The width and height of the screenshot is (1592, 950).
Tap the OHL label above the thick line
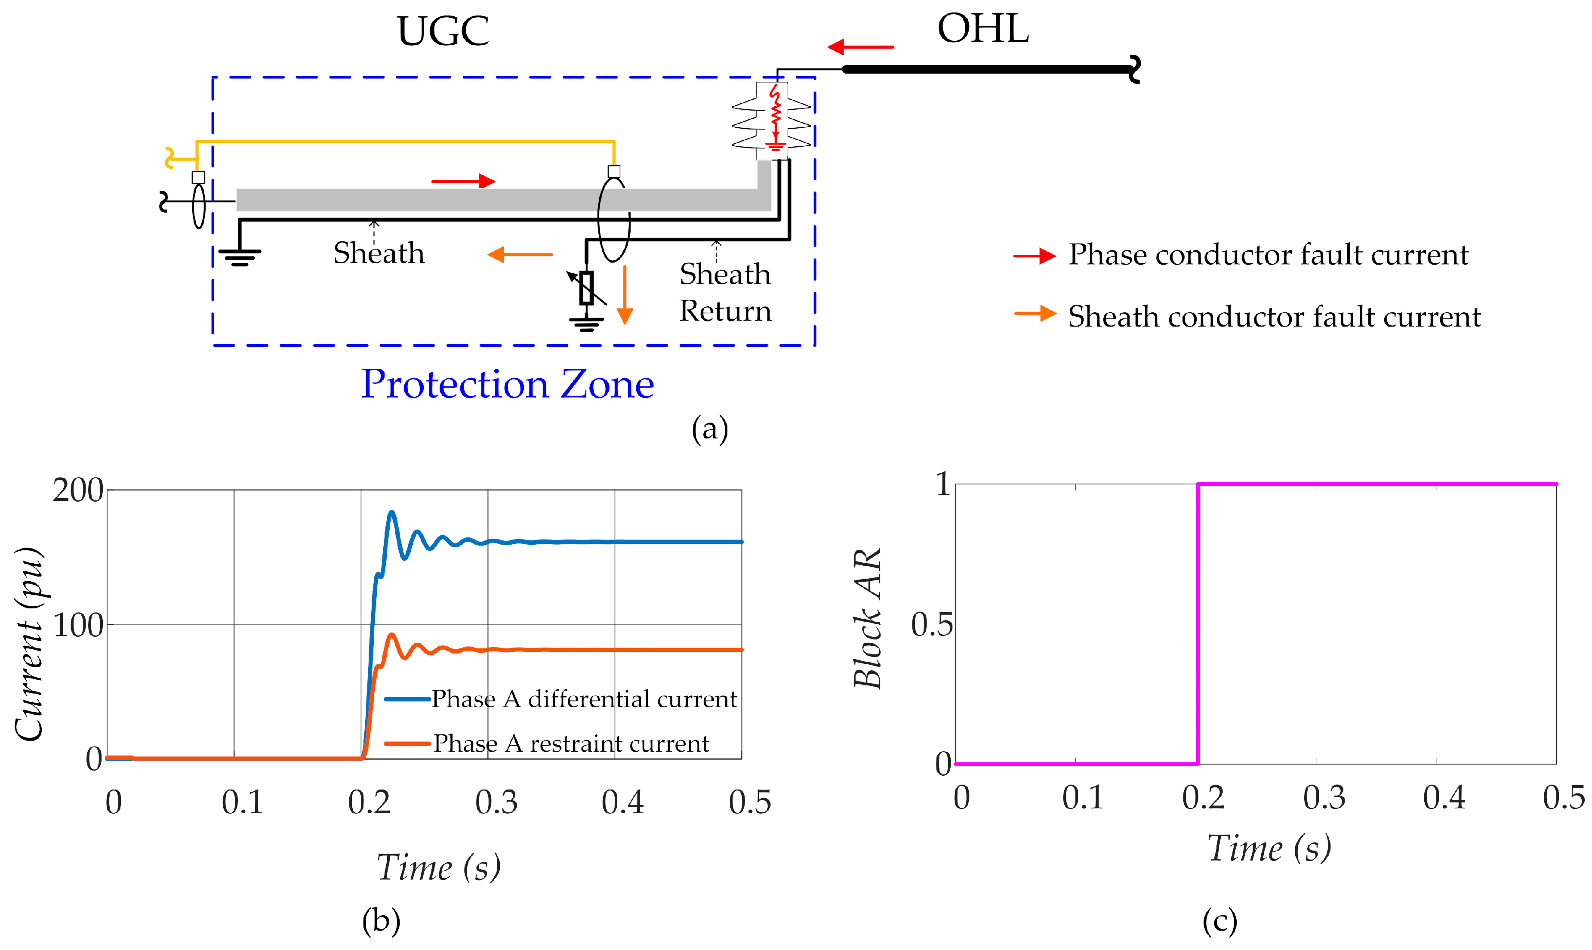click(x=983, y=29)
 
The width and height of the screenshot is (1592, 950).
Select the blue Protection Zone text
click(x=508, y=384)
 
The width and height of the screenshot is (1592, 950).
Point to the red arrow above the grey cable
click(x=463, y=181)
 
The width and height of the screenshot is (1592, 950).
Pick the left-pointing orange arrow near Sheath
click(x=520, y=255)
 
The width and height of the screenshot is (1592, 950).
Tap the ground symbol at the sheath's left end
click(x=240, y=256)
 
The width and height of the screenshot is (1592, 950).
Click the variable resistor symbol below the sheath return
click(x=586, y=288)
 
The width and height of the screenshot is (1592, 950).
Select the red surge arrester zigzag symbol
click(x=776, y=115)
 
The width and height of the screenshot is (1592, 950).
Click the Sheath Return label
click(x=725, y=293)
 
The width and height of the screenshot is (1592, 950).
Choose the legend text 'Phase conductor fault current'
click(x=1268, y=255)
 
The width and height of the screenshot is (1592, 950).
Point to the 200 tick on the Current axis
click(x=78, y=491)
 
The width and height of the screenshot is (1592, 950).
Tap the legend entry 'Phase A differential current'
click(x=584, y=698)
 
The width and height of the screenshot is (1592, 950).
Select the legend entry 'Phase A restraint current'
click(x=571, y=743)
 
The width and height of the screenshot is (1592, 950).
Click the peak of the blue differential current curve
click(x=391, y=512)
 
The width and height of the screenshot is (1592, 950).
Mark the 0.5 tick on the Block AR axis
click(x=931, y=624)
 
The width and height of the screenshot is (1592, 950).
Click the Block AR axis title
click(x=868, y=618)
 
